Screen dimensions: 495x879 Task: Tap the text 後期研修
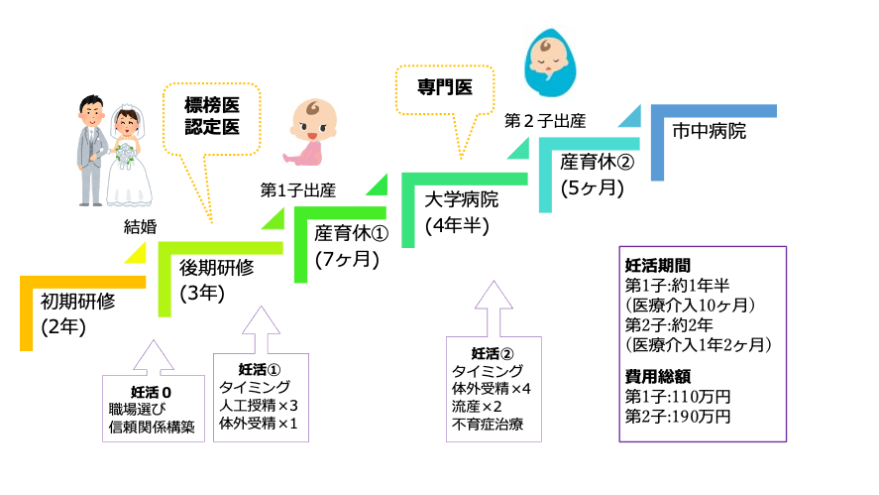pos(217,268)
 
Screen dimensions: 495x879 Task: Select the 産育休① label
pos(352,235)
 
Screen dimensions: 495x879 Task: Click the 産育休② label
pos(597,162)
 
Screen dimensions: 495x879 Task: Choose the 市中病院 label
pos(709,130)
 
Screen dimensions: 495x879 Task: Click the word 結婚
pos(140,226)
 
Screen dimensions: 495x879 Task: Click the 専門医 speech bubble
pos(444,87)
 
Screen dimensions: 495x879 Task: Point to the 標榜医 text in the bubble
pos(214,104)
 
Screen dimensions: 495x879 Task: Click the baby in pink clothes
pos(309,131)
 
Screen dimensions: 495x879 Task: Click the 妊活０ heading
pos(152,390)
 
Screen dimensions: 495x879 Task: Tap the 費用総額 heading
pos(657,377)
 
